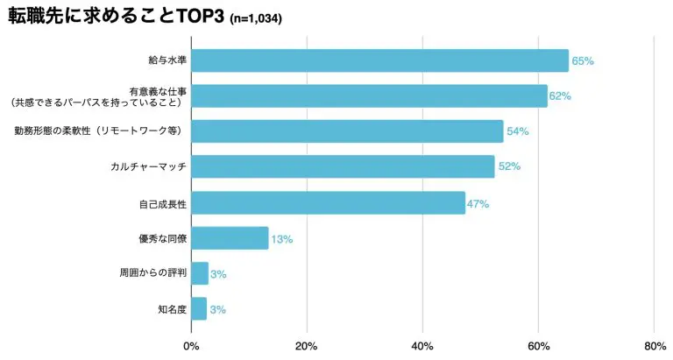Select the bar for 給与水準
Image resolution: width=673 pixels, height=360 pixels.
(x=379, y=60)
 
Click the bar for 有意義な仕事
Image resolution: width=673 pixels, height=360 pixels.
(x=369, y=95)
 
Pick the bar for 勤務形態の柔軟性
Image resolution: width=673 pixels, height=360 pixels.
(x=347, y=131)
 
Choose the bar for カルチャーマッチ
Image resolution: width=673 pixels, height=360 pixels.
(x=343, y=166)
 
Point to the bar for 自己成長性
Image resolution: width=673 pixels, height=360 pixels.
(x=328, y=202)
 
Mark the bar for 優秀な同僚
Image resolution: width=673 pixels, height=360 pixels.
(x=230, y=238)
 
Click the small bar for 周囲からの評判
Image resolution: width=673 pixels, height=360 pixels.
(x=200, y=273)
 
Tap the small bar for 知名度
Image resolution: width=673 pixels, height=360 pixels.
(x=199, y=308)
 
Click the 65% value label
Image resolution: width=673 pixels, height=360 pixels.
(x=583, y=61)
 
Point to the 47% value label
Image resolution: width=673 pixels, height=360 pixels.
(x=478, y=203)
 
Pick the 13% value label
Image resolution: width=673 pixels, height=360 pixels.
(x=281, y=238)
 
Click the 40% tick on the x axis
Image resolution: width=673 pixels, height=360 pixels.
(x=422, y=346)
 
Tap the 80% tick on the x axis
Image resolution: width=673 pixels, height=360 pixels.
(x=654, y=346)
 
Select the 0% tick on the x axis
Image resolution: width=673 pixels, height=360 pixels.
(x=191, y=346)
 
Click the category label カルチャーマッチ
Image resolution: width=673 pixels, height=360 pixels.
(x=154, y=166)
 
